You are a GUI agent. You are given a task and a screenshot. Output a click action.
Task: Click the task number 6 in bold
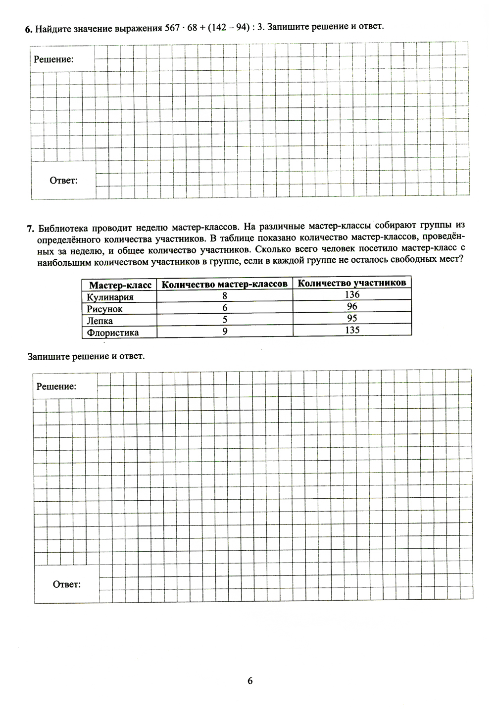pyautogui.click(x=28, y=29)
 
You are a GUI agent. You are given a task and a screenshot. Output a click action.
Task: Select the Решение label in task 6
pyautogui.click(x=53, y=59)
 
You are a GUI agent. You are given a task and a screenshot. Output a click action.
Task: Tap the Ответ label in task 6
pyautogui.click(x=63, y=181)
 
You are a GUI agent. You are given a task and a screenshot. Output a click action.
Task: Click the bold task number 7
pyautogui.click(x=30, y=229)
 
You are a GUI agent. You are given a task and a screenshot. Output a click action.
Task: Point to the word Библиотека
pyautogui.click(x=65, y=228)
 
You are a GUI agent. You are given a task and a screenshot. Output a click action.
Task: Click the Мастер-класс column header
pyautogui.click(x=120, y=285)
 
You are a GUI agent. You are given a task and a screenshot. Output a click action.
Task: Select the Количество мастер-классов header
pyautogui.click(x=224, y=284)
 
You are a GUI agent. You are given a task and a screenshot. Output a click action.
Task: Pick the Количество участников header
pyautogui.click(x=351, y=283)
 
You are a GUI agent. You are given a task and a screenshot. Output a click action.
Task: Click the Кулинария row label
pyautogui.click(x=110, y=297)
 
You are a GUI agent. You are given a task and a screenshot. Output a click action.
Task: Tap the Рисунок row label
pyautogui.click(x=104, y=309)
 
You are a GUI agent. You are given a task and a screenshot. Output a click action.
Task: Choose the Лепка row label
pyautogui.click(x=99, y=321)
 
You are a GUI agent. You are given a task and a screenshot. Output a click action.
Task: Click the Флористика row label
pyautogui.click(x=112, y=332)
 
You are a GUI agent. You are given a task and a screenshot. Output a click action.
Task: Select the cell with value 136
pyautogui.click(x=352, y=294)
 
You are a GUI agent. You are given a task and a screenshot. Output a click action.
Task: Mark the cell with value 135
pyautogui.click(x=352, y=330)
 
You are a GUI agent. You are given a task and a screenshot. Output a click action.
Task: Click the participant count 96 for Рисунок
pyautogui.click(x=352, y=306)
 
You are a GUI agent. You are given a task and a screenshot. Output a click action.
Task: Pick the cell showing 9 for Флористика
pyautogui.click(x=225, y=332)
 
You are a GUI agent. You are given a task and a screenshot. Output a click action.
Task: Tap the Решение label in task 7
pyautogui.click(x=56, y=387)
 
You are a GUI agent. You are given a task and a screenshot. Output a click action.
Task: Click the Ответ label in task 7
pyautogui.click(x=66, y=585)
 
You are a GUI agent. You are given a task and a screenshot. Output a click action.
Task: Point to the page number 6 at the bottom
pyautogui.click(x=249, y=681)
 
